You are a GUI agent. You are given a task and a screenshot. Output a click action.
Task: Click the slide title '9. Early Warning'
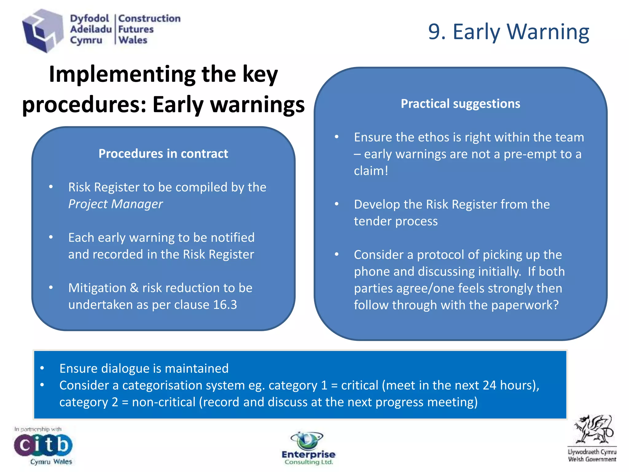point(509,32)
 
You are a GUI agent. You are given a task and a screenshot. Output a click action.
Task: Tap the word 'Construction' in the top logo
point(149,18)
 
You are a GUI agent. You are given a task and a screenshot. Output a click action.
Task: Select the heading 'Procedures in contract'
point(163,154)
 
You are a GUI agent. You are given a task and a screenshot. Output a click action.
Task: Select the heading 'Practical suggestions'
point(460,104)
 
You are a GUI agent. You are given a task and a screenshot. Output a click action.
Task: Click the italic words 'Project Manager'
point(115,204)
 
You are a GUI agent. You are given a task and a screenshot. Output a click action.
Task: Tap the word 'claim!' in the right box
point(371,171)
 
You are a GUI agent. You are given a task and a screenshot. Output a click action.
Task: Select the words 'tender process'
point(396,221)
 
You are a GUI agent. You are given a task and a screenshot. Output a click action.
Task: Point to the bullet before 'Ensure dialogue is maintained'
point(42,368)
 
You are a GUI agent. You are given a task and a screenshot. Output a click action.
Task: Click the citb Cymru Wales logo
point(43,446)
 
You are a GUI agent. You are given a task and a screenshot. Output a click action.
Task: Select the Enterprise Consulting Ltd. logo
point(308,448)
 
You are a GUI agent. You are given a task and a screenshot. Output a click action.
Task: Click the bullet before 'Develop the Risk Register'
point(337,204)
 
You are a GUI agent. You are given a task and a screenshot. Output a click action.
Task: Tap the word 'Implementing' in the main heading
point(122,74)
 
